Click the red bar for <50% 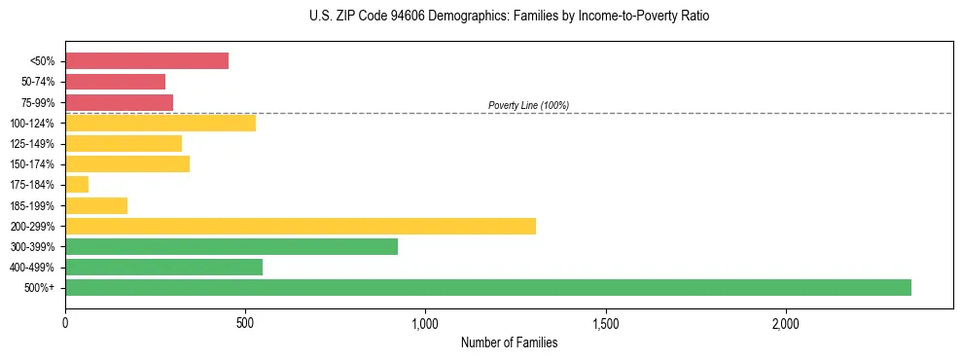pos(146,61)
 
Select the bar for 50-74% pos(115,82)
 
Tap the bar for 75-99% pos(119,102)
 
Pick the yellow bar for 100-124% pos(160,123)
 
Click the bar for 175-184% pos(77,185)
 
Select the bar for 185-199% pos(96,205)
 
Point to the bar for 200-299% pos(300,226)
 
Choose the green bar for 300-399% pos(231,246)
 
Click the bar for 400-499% pos(163,267)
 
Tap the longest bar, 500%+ pos(487,287)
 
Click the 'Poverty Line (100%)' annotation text pos(528,105)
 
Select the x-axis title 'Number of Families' pos(509,342)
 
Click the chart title pos(509,17)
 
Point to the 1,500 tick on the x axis pos(605,322)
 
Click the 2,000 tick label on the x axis pos(785,322)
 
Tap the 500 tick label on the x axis pos(245,322)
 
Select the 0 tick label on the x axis pos(65,322)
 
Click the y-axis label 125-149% pos(33,144)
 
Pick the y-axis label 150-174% pos(33,164)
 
